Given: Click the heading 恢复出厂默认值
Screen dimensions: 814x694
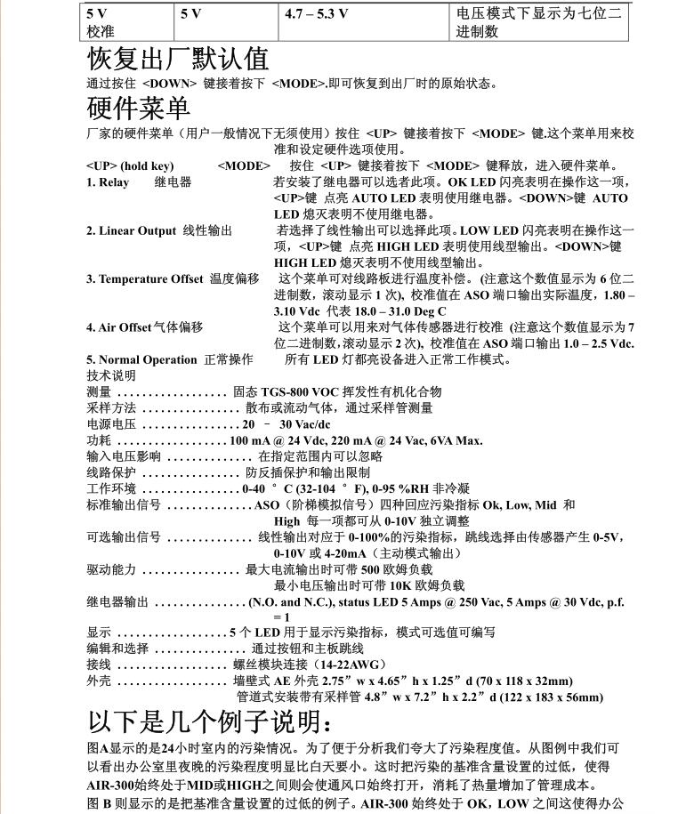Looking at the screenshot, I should click(177, 59).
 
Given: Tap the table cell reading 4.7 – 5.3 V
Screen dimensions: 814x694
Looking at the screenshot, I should click(316, 14).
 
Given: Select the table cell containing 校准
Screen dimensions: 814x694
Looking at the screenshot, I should click(101, 32).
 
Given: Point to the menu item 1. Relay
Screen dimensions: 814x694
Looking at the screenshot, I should click(108, 182).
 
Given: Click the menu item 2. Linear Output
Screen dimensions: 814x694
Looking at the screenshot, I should click(132, 231).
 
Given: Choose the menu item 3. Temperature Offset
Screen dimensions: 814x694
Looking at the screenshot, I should click(145, 279).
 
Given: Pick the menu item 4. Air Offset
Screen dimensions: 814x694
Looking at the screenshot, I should click(119, 327).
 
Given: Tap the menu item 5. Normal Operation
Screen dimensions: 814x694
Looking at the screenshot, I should click(141, 359).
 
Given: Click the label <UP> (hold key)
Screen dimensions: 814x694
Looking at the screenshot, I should click(130, 165).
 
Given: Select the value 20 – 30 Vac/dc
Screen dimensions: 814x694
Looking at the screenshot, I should click(286, 424).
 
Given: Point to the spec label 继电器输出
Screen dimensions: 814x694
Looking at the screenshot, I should click(117, 601).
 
